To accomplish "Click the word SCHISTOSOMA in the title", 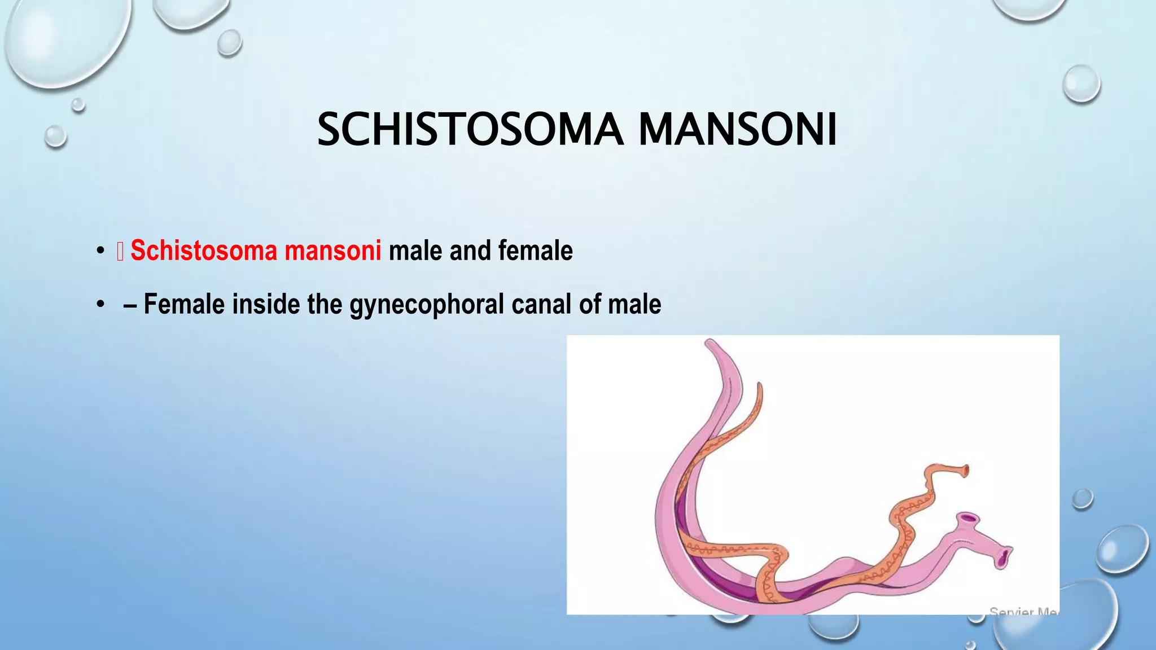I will [470, 130].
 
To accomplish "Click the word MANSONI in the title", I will [737, 130].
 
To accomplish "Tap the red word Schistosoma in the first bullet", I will [204, 251].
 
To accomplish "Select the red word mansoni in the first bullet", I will [333, 251].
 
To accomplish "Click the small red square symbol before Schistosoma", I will [120, 252].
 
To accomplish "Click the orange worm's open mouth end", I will [966, 469].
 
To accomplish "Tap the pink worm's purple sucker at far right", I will [1004, 557].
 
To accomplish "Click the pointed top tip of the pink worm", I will [709, 342].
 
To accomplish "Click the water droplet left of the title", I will [55, 136].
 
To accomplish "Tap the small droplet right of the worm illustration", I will [1082, 499].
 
